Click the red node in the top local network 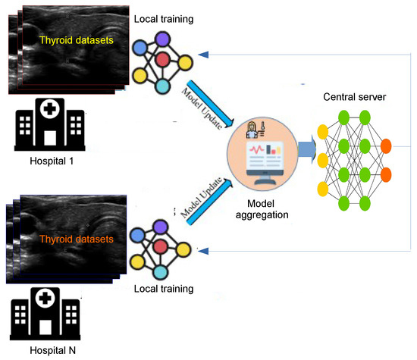(x=161, y=59)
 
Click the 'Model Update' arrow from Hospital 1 (x=201, y=99)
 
